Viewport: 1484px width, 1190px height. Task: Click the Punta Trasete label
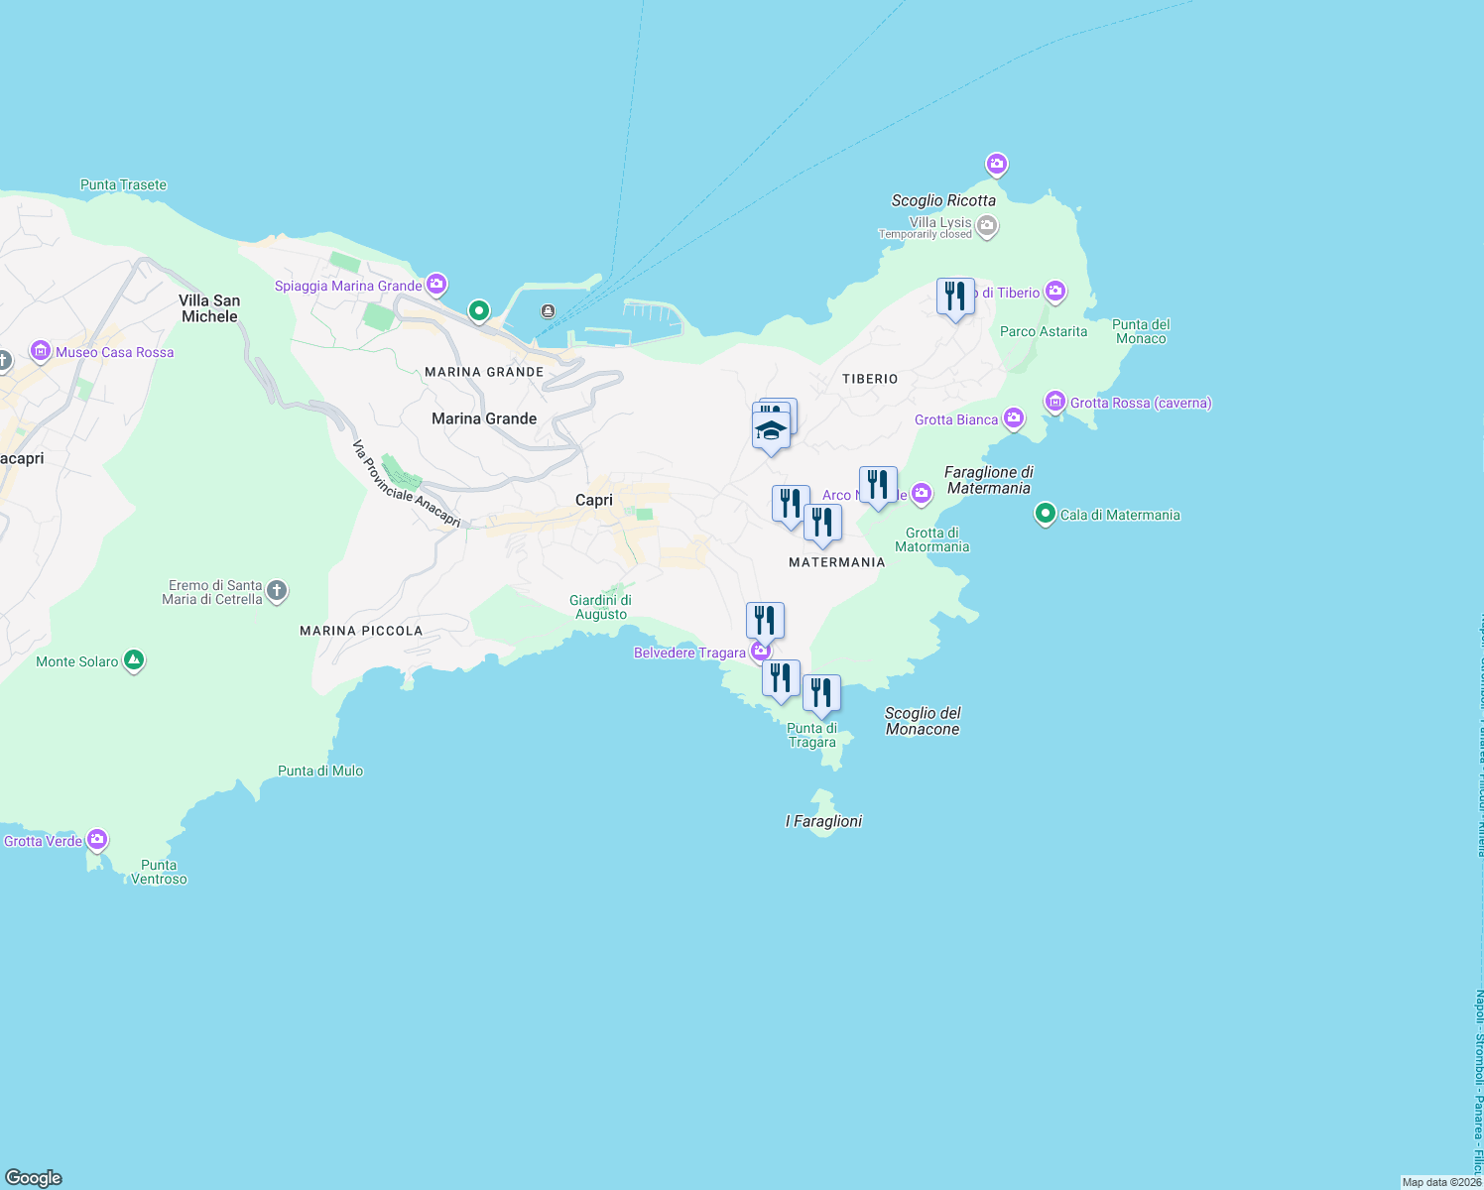(x=123, y=184)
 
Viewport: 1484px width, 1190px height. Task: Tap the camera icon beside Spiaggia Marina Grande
(x=436, y=285)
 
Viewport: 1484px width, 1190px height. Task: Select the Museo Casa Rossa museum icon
(x=41, y=351)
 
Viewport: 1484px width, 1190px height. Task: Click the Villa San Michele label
(x=209, y=308)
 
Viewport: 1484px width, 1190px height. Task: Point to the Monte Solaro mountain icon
(x=134, y=660)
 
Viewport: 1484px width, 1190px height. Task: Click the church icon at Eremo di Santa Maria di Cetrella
(x=277, y=592)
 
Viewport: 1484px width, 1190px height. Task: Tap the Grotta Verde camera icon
(x=96, y=840)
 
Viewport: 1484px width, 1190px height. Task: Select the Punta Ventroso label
(x=159, y=872)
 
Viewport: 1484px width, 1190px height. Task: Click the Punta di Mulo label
(x=320, y=771)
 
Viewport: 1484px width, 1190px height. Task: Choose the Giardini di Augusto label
(x=600, y=607)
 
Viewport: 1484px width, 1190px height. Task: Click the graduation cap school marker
(x=771, y=431)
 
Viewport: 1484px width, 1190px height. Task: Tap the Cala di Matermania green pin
(x=1045, y=514)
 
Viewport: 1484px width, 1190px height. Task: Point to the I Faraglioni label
(x=823, y=821)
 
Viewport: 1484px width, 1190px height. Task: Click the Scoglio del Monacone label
(x=923, y=721)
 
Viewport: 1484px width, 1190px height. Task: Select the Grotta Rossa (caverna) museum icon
(x=1055, y=402)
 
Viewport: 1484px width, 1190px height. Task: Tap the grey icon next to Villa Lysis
(x=986, y=227)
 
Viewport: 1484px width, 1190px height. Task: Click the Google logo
(x=34, y=1178)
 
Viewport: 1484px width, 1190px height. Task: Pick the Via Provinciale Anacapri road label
(x=407, y=484)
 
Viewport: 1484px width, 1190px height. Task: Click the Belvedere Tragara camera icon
(x=761, y=651)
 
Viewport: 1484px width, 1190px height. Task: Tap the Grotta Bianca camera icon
(x=1013, y=417)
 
